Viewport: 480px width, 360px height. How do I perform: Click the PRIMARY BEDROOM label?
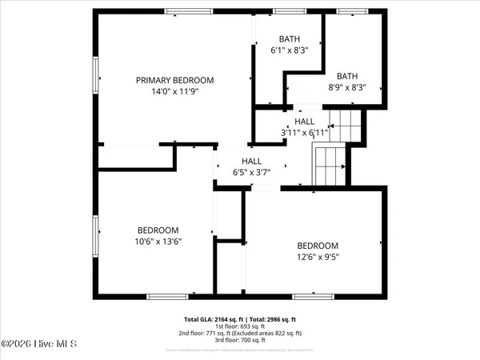click(x=174, y=80)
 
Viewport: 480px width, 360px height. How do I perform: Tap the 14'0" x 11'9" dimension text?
click(x=174, y=91)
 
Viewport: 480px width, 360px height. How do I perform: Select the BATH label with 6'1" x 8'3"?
click(x=289, y=38)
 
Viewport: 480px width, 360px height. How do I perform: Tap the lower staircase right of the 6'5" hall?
click(x=328, y=166)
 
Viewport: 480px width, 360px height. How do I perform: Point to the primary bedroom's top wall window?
click(x=189, y=11)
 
